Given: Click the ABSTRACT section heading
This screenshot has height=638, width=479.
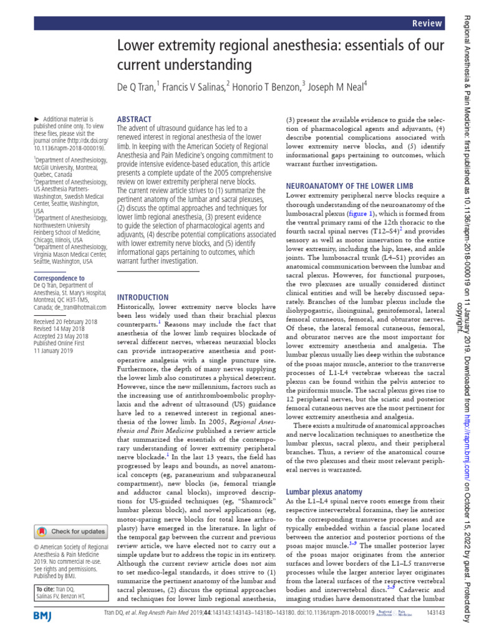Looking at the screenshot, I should tap(134, 119).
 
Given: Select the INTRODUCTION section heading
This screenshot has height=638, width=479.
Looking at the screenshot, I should tap(143, 297).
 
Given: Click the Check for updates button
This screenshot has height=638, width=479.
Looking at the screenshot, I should tap(70, 531).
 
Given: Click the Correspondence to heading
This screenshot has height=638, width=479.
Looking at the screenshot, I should tap(59, 278).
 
